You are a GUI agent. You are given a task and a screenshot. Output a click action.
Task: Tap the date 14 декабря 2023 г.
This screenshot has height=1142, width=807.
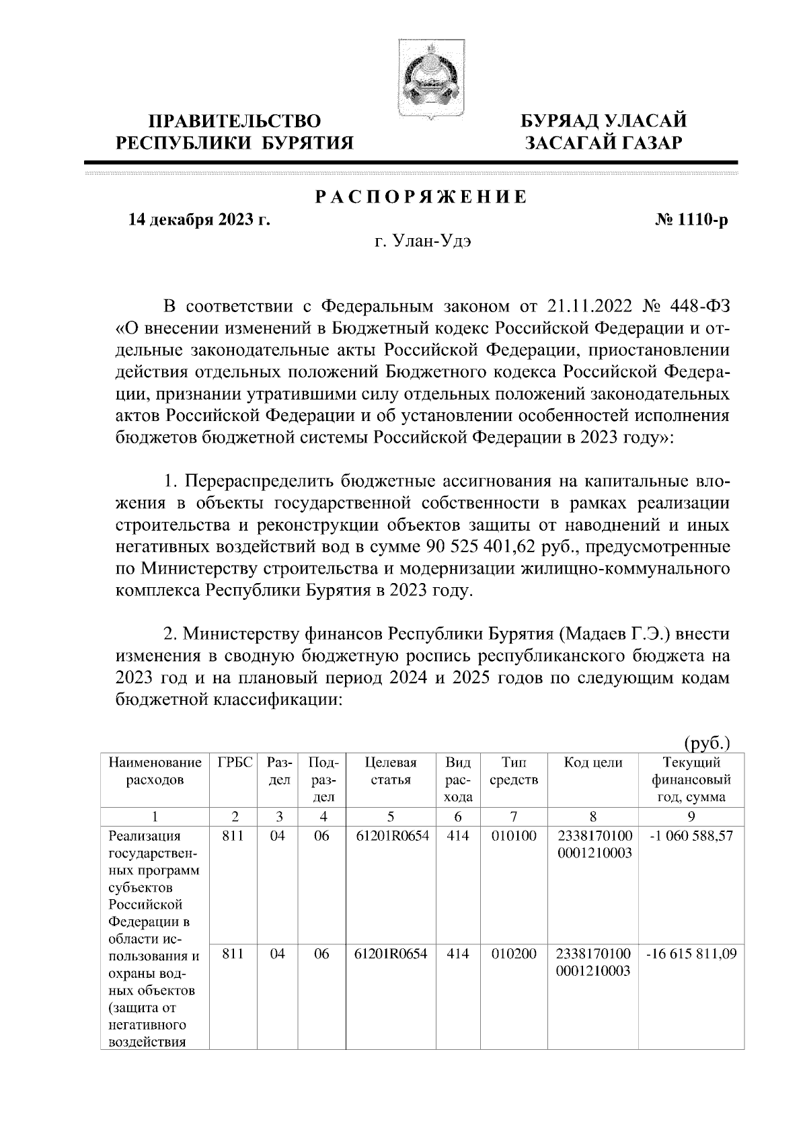199,220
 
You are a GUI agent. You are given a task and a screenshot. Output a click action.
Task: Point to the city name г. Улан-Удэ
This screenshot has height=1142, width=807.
422,242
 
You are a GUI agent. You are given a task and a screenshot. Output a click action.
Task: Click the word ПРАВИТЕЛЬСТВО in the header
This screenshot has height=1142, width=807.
235,122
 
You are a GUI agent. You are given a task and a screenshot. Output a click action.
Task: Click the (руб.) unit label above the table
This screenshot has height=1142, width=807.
707,743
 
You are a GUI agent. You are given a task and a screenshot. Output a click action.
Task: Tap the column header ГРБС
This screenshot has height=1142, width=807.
235,763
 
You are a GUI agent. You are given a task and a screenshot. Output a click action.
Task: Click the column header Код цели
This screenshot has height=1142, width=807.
592,763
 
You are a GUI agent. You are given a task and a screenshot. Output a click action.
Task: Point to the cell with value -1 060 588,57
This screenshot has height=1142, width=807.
691,836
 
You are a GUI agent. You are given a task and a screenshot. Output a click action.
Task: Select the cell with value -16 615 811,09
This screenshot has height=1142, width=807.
691,953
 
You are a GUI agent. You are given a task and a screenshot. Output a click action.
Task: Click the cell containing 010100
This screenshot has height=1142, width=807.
513,836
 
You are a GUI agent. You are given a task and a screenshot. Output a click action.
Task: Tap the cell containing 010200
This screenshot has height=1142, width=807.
513,953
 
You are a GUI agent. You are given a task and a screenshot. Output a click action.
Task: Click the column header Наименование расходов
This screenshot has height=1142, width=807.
155,771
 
